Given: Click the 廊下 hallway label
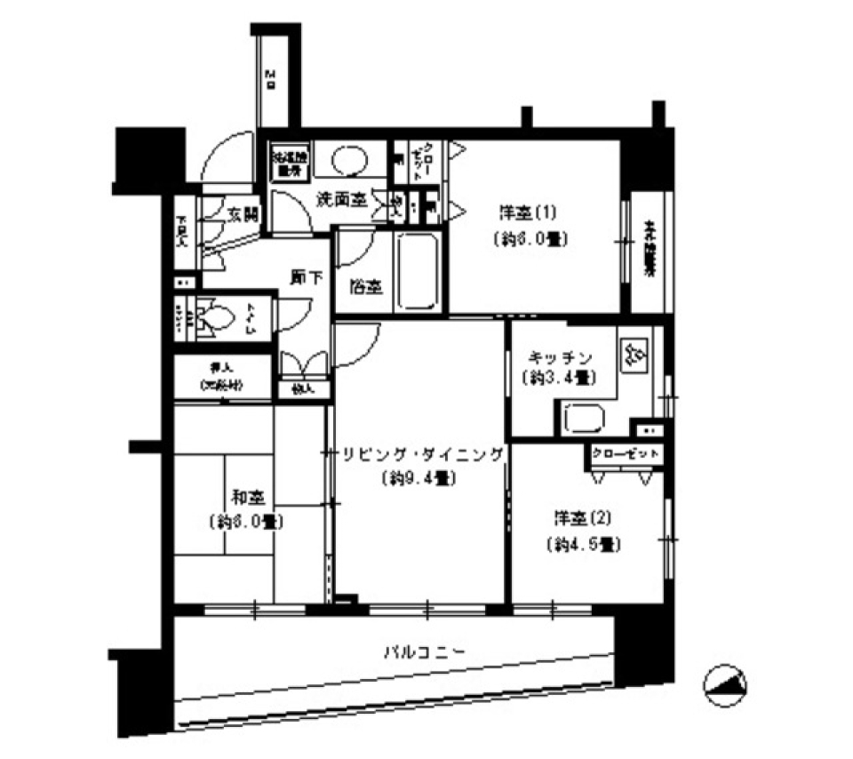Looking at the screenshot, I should pos(304,277).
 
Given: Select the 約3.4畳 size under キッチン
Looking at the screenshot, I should pos(556,377).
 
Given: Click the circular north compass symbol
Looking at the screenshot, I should pos(724,685).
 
